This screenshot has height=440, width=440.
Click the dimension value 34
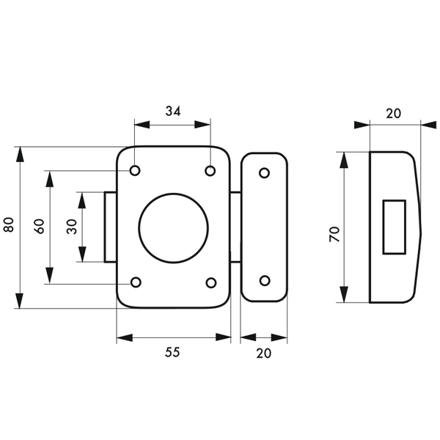[173, 111]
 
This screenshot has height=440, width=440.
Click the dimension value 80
[9, 226]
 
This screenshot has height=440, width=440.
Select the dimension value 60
[40, 227]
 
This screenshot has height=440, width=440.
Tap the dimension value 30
[71, 227]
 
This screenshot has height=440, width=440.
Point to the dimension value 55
[172, 352]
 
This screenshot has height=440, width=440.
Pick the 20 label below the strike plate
[264, 352]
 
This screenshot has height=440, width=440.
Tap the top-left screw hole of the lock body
[136, 171]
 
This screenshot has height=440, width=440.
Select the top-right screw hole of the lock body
[210, 171]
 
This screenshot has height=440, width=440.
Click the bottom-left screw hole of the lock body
[136, 283]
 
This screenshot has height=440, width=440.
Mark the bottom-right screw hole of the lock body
[210, 283]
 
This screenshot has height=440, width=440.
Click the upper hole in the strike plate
[264, 173]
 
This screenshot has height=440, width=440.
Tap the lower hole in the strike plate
[264, 280]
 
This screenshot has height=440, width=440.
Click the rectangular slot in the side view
[395, 226]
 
